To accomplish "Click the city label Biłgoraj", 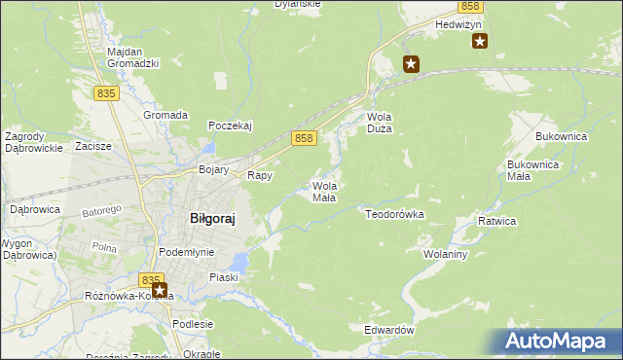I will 211,219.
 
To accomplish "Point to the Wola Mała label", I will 324,191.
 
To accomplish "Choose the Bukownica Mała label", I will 532,170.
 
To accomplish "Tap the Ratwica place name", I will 496,222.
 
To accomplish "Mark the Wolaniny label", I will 447,254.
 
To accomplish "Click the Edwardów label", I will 389,330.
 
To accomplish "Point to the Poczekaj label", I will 231,126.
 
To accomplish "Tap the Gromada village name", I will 165,115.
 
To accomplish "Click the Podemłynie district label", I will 186,252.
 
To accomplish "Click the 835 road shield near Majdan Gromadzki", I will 107,92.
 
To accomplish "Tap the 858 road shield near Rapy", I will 304,139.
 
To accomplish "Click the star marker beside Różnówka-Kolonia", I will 160,290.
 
